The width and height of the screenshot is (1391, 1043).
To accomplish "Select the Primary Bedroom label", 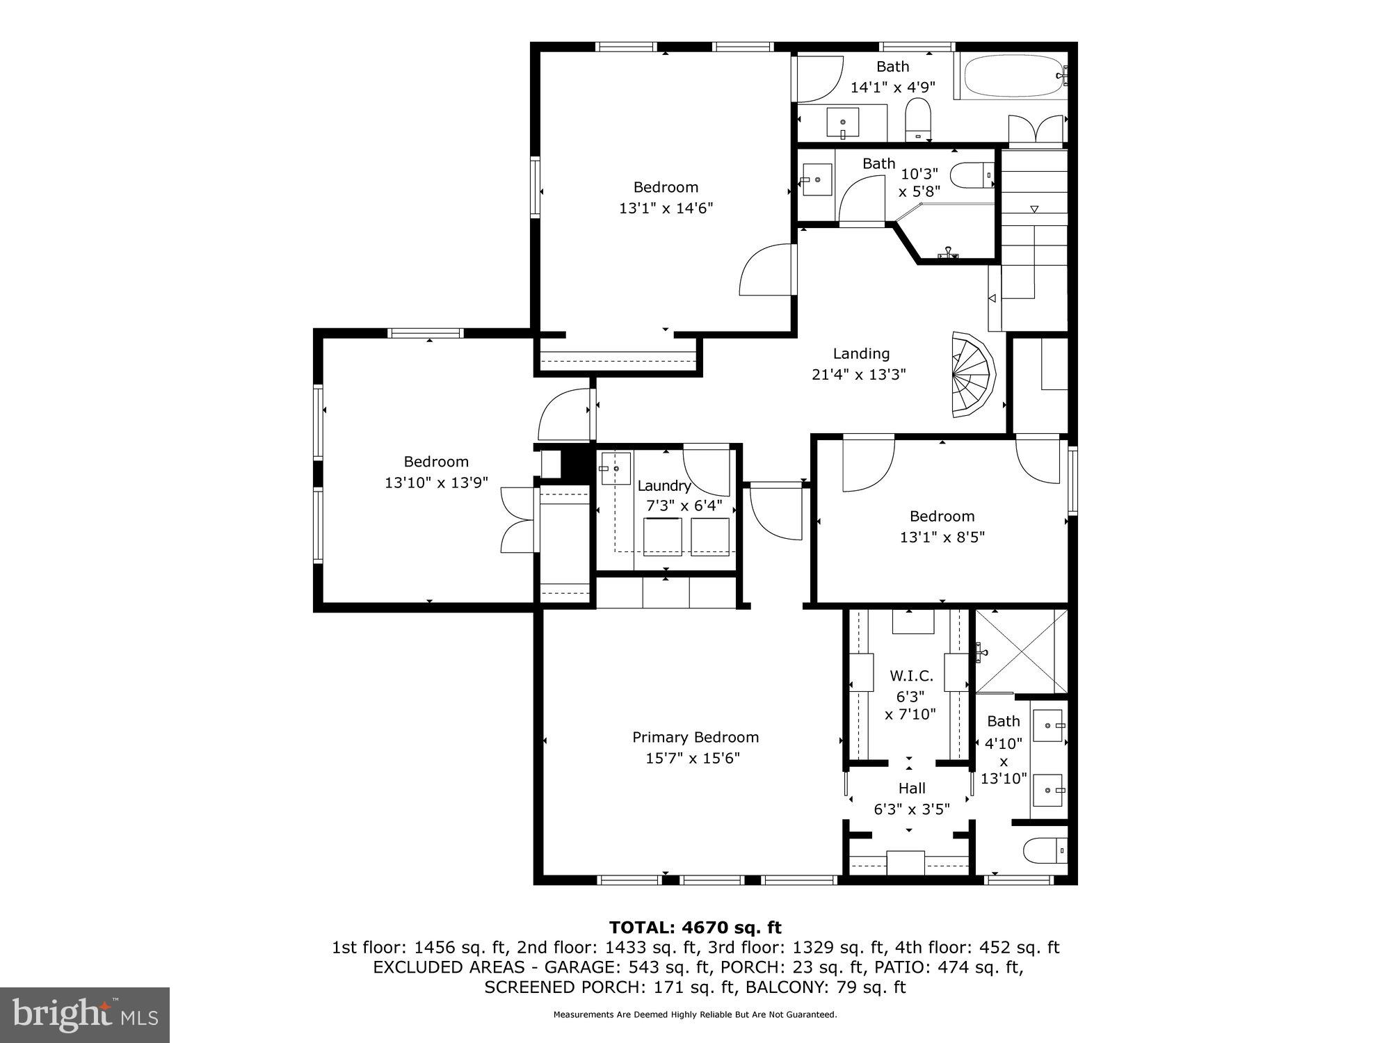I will [695, 737].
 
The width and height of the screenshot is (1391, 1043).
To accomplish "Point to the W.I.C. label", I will [911, 676].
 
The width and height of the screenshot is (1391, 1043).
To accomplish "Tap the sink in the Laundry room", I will [616, 469].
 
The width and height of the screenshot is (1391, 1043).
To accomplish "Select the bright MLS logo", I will [85, 1015].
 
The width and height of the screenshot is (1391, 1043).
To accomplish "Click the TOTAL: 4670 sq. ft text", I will [695, 928].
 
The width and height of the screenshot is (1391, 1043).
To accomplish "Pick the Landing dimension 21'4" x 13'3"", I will [859, 375].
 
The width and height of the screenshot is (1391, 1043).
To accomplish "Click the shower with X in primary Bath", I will [1020, 651].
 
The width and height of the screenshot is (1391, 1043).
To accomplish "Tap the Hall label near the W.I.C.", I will [911, 788].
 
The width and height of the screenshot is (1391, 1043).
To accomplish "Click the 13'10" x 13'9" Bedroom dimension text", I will [436, 483].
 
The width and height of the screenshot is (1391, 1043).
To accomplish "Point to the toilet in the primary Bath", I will [1043, 850].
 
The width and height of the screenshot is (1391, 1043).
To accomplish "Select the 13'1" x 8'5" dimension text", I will [942, 537].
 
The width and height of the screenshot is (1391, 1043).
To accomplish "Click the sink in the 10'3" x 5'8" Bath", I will [816, 179].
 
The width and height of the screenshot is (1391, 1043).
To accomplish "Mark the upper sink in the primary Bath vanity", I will [1047, 726].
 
